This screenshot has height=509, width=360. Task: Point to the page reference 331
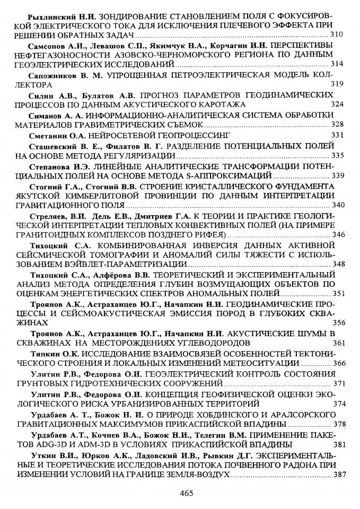(338, 135)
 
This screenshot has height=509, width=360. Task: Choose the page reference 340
(338, 205)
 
